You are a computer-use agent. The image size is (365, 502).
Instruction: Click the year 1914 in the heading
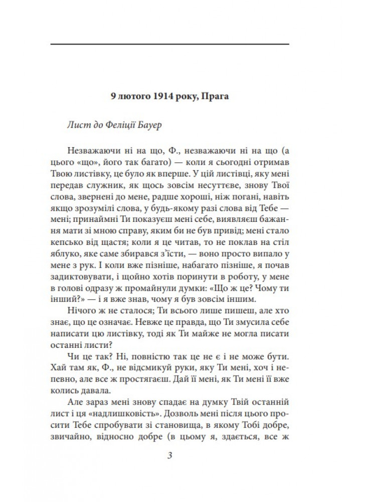pyautogui.click(x=158, y=96)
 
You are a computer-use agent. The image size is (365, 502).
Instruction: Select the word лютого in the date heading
pyautogui.click(x=130, y=96)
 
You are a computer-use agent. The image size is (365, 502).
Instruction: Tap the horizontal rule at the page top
pyautogui.click(x=170, y=45)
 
